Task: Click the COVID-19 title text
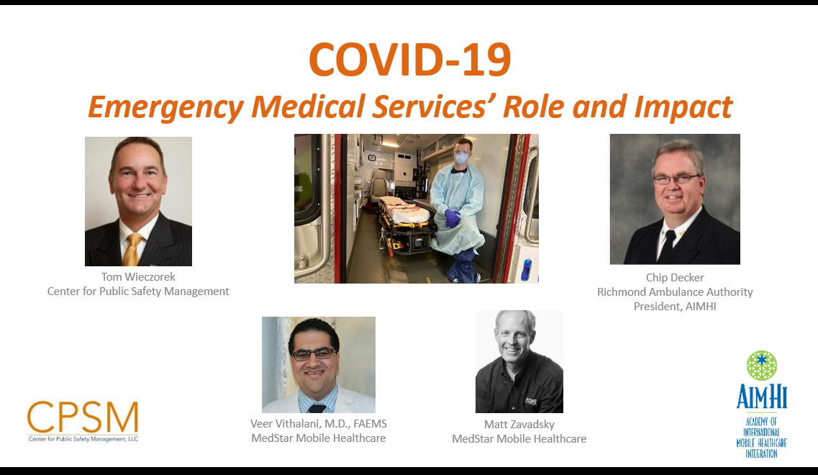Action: pyautogui.click(x=409, y=60)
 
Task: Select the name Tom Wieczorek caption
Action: pyautogui.click(x=138, y=277)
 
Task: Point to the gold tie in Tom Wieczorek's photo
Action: pyautogui.click(x=132, y=248)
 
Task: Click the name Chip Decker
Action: pyautogui.click(x=674, y=278)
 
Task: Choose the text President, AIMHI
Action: pyautogui.click(x=674, y=307)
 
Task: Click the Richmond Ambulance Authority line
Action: pyautogui.click(x=674, y=292)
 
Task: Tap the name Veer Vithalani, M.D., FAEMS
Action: pyautogui.click(x=318, y=424)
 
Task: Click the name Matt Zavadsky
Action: pyautogui.click(x=519, y=425)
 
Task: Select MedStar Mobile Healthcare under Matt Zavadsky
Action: pyautogui.click(x=519, y=438)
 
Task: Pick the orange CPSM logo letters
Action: pyautogui.click(x=83, y=418)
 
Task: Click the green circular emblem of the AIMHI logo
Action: pyautogui.click(x=761, y=366)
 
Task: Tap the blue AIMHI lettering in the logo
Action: pyautogui.click(x=761, y=397)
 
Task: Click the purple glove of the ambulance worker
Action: pyautogui.click(x=452, y=217)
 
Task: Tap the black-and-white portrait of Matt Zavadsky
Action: pyautogui.click(x=519, y=361)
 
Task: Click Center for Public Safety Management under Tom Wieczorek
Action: pyautogui.click(x=138, y=291)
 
